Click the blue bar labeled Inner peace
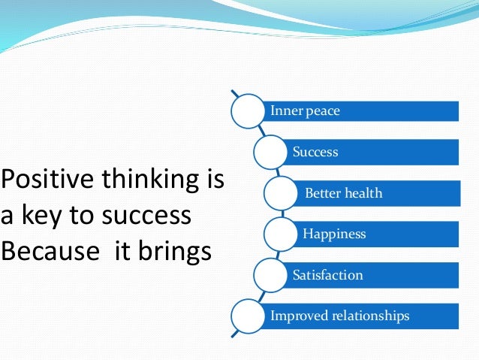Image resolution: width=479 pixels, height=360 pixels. click(x=360, y=111)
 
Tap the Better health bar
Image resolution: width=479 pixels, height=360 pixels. click(x=379, y=193)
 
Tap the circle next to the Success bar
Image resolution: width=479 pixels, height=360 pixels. click(x=271, y=153)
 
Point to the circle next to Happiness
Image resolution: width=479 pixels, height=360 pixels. click(x=281, y=234)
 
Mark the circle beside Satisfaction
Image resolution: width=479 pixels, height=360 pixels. click(x=271, y=275)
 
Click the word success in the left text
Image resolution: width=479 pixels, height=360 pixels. click(x=149, y=216)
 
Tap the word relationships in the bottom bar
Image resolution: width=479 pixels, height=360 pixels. click(x=370, y=316)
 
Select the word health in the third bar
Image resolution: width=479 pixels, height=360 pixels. click(x=363, y=193)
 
